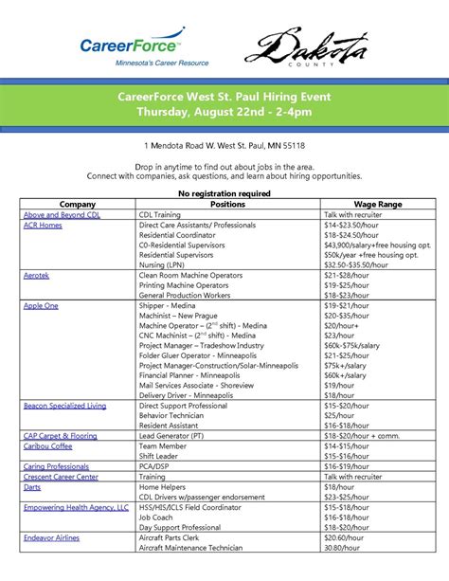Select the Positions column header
227,204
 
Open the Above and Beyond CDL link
62,215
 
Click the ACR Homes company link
43,226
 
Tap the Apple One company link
41,306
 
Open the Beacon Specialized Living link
64,405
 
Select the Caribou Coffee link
47,445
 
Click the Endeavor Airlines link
53,537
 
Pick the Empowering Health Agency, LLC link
76,507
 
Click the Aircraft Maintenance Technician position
190,548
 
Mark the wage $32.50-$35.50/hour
361,264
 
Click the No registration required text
224,192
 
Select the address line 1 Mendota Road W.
224,145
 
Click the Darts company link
33,486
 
